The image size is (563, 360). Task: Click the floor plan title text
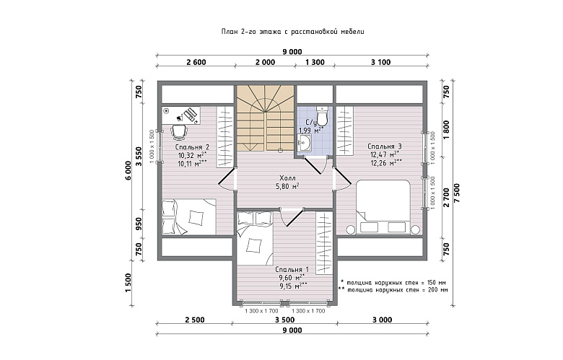point(292,32)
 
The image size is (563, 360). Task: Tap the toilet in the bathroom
point(322,115)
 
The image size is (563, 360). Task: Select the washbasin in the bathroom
point(304,144)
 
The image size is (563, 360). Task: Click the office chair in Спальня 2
point(179,132)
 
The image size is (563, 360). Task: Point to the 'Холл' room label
point(287,178)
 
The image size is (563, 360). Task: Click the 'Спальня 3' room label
point(385,146)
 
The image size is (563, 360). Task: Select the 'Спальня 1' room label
point(292,269)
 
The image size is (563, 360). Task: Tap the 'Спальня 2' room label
point(192,147)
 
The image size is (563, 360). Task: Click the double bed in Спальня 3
point(383,207)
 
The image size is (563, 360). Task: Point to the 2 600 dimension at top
point(196,62)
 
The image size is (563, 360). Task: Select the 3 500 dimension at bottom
point(284,320)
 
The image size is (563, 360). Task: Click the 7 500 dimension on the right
point(457,193)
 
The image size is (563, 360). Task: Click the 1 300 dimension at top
point(315,62)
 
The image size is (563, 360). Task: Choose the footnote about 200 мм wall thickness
point(393,290)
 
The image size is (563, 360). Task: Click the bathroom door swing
point(316,166)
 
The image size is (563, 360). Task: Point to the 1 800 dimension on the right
point(446,130)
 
